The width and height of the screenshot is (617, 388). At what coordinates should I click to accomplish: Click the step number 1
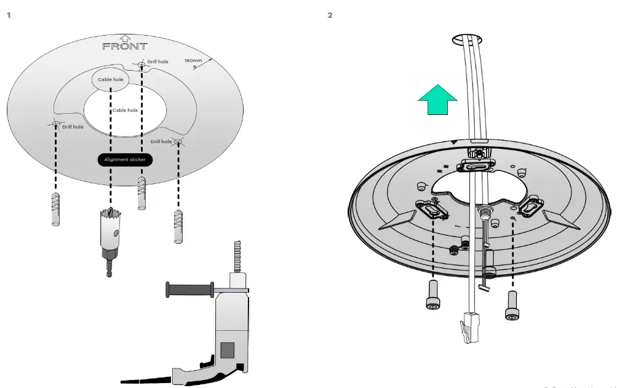pyautogui.click(x=9, y=15)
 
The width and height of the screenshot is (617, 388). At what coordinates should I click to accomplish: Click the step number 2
pyautogui.click(x=330, y=15)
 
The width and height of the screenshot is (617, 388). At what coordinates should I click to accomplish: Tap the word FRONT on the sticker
pyautogui.click(x=125, y=46)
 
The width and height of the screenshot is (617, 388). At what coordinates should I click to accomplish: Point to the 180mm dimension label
pyautogui.click(x=193, y=60)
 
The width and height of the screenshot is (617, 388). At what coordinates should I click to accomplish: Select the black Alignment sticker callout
pyautogui.click(x=125, y=159)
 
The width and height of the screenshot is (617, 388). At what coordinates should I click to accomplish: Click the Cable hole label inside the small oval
pyautogui.click(x=111, y=79)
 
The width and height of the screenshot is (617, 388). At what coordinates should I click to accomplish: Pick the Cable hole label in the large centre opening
pyautogui.click(x=125, y=111)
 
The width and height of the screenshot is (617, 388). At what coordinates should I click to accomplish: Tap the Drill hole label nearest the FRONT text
pyautogui.click(x=157, y=62)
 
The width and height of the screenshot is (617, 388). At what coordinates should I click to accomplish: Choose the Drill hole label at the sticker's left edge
pyautogui.click(x=73, y=127)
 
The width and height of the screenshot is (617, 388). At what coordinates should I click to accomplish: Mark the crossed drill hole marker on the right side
pyautogui.click(x=179, y=142)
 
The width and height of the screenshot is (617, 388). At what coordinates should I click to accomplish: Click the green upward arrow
pyautogui.click(x=437, y=100)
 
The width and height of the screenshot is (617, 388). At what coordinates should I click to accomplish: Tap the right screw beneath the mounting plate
pyautogui.click(x=512, y=305)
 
